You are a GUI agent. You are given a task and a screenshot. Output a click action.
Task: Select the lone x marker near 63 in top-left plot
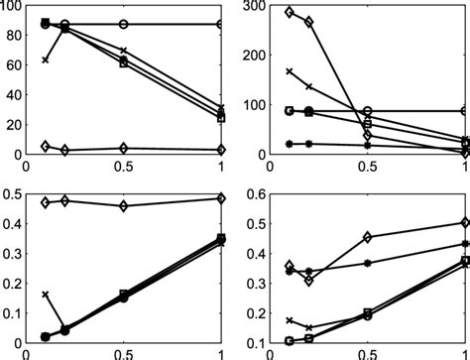click(x=45, y=60)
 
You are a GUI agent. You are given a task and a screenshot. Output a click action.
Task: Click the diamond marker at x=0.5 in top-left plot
click(x=123, y=148)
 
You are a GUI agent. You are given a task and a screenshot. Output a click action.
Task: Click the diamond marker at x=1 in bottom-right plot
click(x=466, y=223)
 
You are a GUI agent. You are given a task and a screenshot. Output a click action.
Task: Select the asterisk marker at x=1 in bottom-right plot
click(x=466, y=243)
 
